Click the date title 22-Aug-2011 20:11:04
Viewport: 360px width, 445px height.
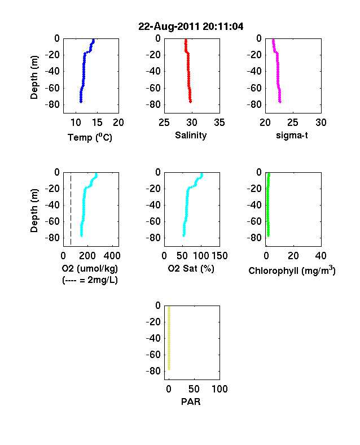click(191, 27)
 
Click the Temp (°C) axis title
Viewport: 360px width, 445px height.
click(90, 137)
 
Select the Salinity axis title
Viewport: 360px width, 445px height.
click(191, 136)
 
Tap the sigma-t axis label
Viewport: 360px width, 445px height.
click(292, 136)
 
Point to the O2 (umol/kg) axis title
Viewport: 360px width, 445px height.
click(90, 268)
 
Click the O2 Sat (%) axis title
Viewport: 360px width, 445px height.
click(191, 268)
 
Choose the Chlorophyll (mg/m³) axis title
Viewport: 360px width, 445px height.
click(292, 271)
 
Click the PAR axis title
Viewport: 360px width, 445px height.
click(191, 402)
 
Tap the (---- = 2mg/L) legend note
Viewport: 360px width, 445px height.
click(90, 280)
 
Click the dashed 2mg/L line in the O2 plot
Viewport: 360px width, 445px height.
click(71, 210)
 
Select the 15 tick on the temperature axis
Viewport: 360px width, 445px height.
click(97, 123)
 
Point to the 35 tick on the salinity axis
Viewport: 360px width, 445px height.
click(219, 123)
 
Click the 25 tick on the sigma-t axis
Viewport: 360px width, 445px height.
click(293, 123)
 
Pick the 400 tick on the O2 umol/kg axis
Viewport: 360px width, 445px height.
click(112, 256)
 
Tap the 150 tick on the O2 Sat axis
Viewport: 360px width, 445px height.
click(219, 256)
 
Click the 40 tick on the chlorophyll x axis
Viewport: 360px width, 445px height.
click(321, 256)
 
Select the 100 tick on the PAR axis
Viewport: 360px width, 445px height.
click(219, 389)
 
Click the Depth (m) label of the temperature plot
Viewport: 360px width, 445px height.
click(34, 77)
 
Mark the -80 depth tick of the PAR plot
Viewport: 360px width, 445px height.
click(153, 371)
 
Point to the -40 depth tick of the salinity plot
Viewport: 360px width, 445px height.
click(153, 71)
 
